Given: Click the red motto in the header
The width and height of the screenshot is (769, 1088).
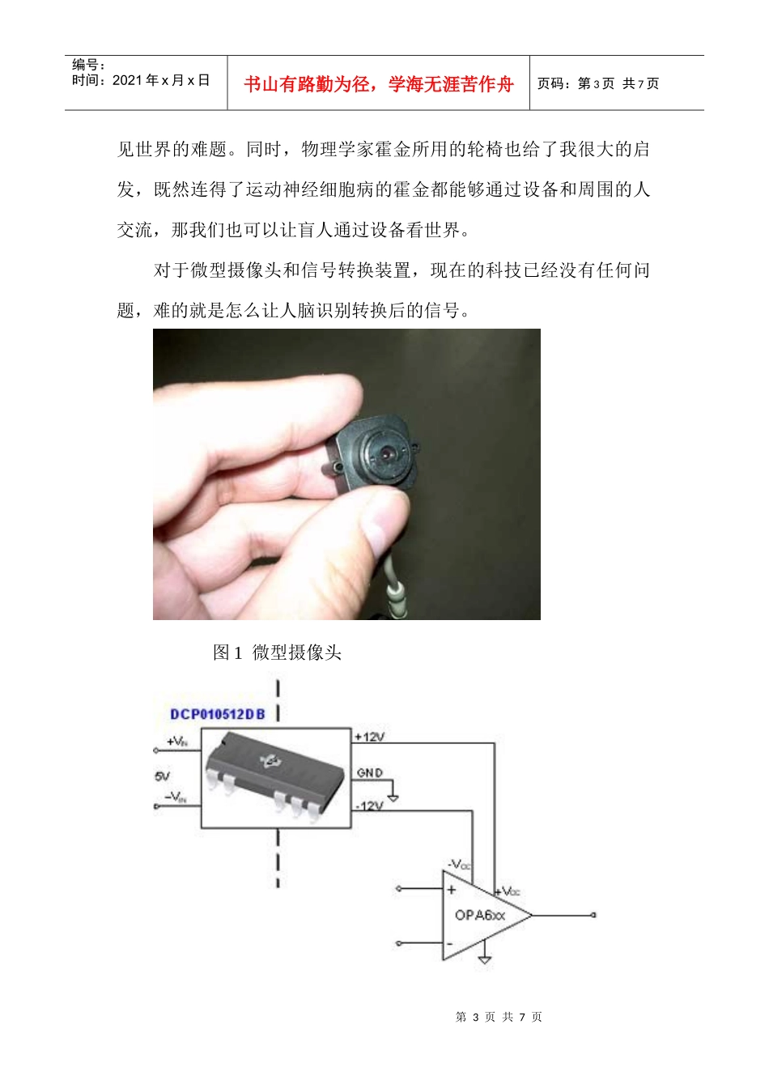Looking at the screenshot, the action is click(x=378, y=84).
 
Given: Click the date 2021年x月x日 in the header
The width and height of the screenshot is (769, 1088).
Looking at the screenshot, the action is click(x=161, y=80).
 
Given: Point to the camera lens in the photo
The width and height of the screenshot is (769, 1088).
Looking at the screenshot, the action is click(x=387, y=453).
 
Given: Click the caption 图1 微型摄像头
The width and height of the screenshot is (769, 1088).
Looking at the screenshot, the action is click(x=277, y=652).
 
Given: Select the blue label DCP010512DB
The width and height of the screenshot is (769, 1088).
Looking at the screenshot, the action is click(x=218, y=714).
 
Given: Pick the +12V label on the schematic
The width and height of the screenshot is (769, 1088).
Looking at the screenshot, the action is click(x=369, y=737).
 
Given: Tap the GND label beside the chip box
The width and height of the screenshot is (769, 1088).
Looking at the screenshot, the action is click(x=370, y=773).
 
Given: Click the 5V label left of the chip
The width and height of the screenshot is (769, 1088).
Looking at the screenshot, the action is click(x=162, y=776).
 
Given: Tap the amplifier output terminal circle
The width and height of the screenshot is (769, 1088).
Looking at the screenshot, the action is click(x=593, y=915).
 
